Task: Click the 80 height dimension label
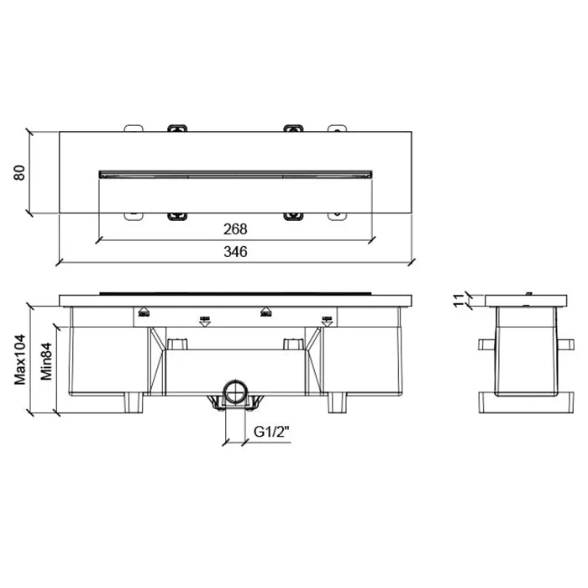19,172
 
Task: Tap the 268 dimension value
235,229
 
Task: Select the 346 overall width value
235,252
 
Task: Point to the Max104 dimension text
20,360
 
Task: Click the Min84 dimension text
46,362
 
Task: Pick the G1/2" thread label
272,432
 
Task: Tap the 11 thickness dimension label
459,301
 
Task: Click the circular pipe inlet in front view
235,391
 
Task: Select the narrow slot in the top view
235,175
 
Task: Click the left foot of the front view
134,402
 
